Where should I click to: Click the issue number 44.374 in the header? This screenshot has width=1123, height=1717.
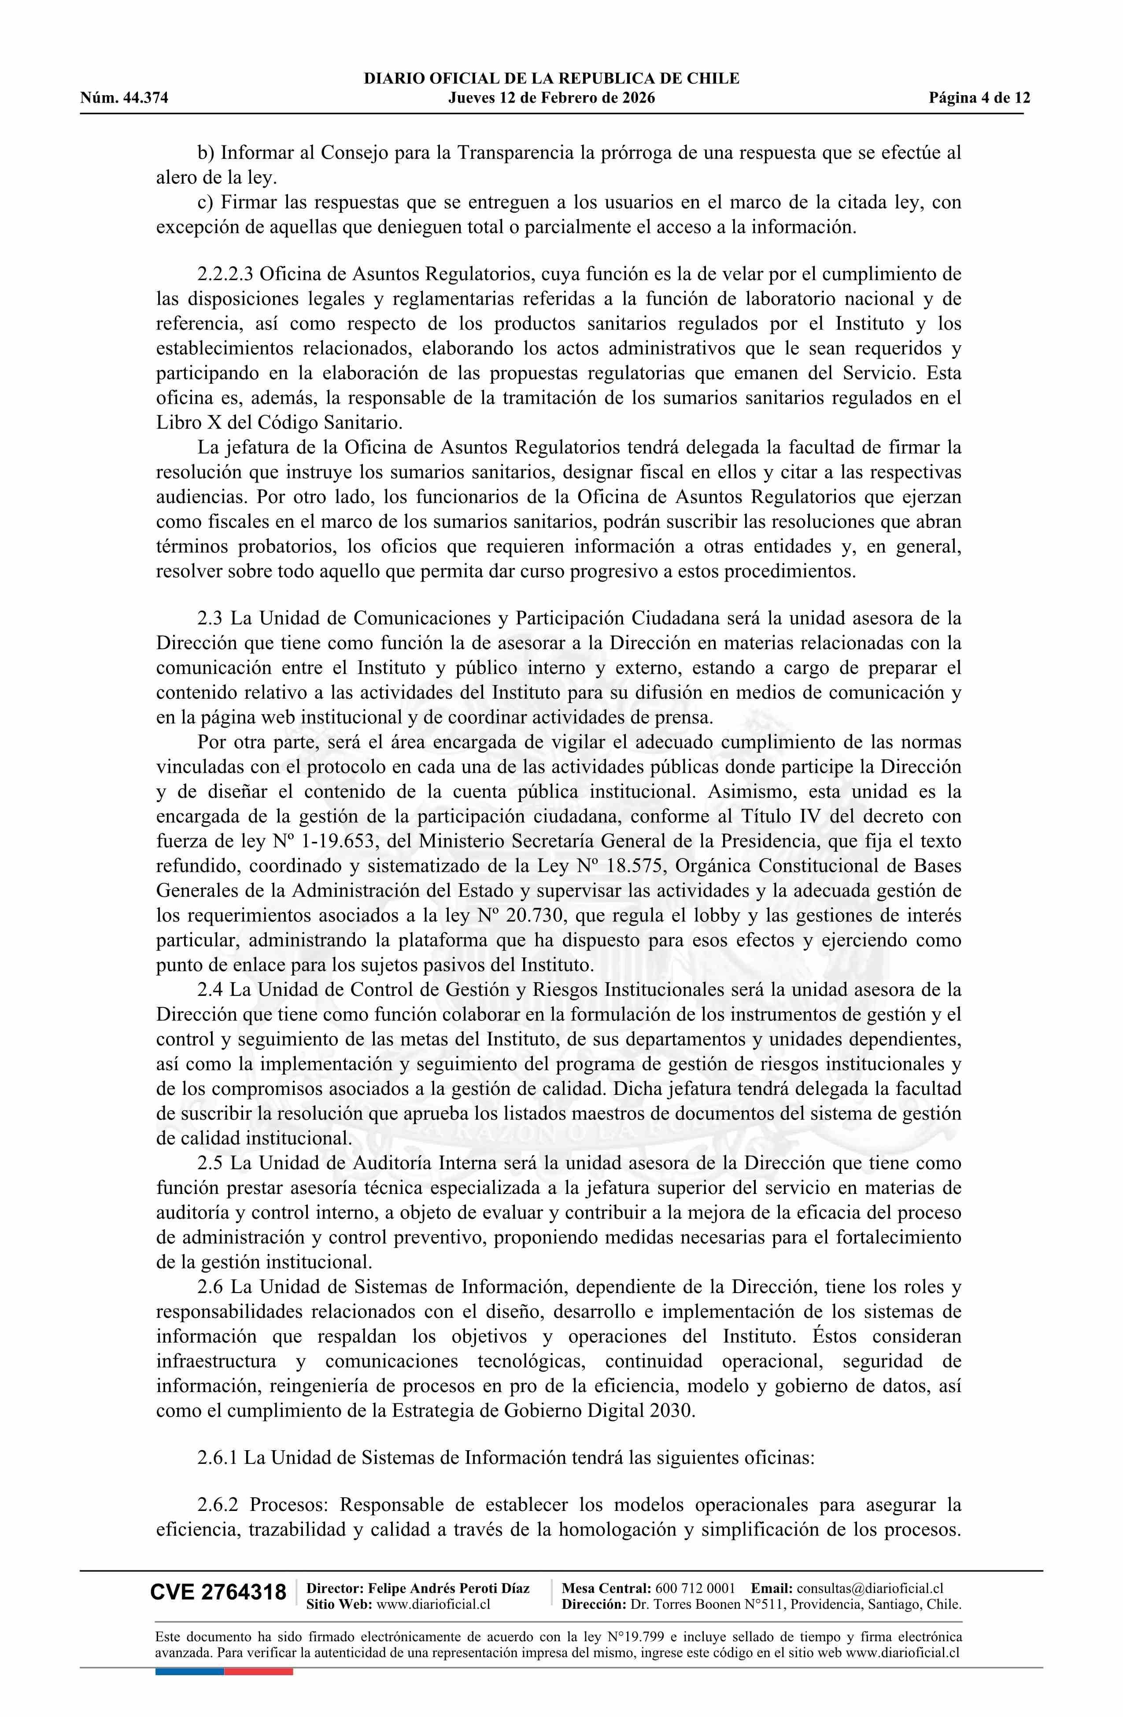pos(144,98)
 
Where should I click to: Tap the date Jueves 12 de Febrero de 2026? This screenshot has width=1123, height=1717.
pos(551,98)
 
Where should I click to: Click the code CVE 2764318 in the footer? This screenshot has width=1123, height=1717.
pos(218,1592)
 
